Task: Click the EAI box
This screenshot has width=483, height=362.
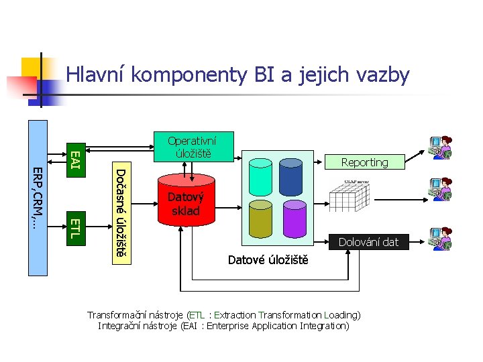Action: click(x=75, y=159)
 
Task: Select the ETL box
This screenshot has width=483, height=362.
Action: click(x=75, y=227)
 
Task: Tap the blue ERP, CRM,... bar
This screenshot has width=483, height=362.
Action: click(x=38, y=197)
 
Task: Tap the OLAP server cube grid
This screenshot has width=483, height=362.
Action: click(x=350, y=194)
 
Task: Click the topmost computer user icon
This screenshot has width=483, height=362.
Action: click(x=440, y=147)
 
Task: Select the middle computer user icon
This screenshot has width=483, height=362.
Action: click(x=440, y=190)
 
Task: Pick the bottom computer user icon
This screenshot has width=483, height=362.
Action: click(x=440, y=239)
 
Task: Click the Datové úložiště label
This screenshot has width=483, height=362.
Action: click(x=268, y=259)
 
